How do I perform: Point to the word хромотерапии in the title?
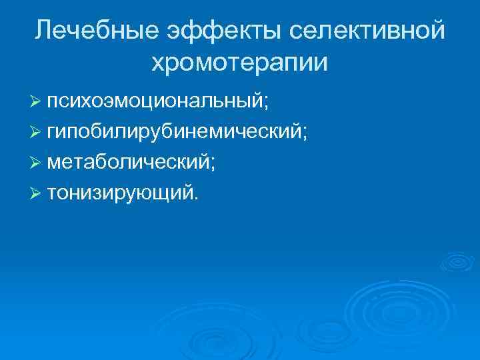pos(240,63)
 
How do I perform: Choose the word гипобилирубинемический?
pos(174,132)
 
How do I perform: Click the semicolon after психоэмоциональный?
pos(267,103)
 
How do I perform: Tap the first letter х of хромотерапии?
pos(158,64)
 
